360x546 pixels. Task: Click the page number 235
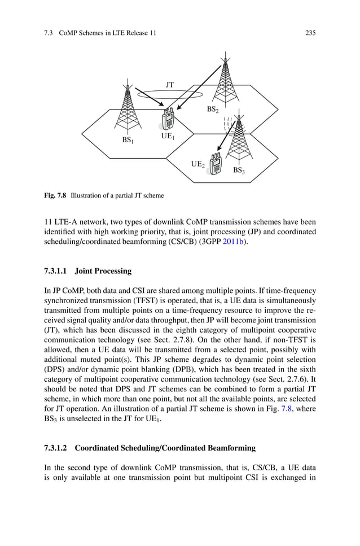coord(310,33)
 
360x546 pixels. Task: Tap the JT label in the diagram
coord(169,85)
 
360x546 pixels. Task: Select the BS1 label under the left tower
coord(128,139)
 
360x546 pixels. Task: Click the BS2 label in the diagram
coord(212,110)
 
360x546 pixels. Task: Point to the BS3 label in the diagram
coord(239,169)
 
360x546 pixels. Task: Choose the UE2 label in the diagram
coord(197,164)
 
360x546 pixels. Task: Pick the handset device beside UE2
coord(215,163)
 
